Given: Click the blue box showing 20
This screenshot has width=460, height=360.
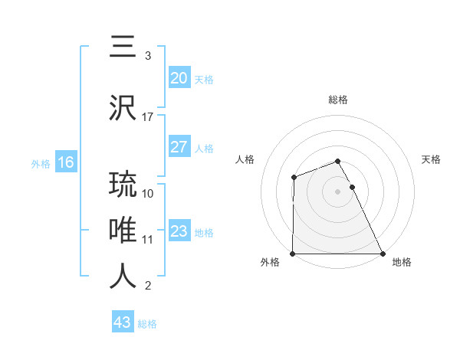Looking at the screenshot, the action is (179, 77).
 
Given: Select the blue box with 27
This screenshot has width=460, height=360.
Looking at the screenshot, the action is (179, 147).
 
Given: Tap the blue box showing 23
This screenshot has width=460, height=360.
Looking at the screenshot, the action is (179, 231).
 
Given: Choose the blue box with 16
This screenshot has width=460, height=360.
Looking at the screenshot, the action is (65, 162).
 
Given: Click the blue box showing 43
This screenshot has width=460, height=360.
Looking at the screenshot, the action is (123, 322).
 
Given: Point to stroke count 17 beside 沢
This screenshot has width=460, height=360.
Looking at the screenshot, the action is (148, 117).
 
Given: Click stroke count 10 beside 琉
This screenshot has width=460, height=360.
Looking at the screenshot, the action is (148, 193).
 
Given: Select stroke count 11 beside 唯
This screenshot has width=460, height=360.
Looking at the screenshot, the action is (148, 239).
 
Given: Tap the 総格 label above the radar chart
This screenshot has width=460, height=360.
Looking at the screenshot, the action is (338, 100).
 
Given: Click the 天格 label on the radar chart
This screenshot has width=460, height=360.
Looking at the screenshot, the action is (431, 159).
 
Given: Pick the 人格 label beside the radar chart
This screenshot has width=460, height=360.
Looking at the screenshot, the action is (245, 159).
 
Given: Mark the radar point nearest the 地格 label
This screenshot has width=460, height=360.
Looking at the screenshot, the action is (383, 254).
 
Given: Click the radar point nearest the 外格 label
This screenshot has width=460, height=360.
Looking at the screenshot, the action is (293, 254).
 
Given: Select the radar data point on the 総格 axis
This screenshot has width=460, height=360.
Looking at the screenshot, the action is (337, 161).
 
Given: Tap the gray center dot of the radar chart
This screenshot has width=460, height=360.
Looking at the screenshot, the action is (337, 191).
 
